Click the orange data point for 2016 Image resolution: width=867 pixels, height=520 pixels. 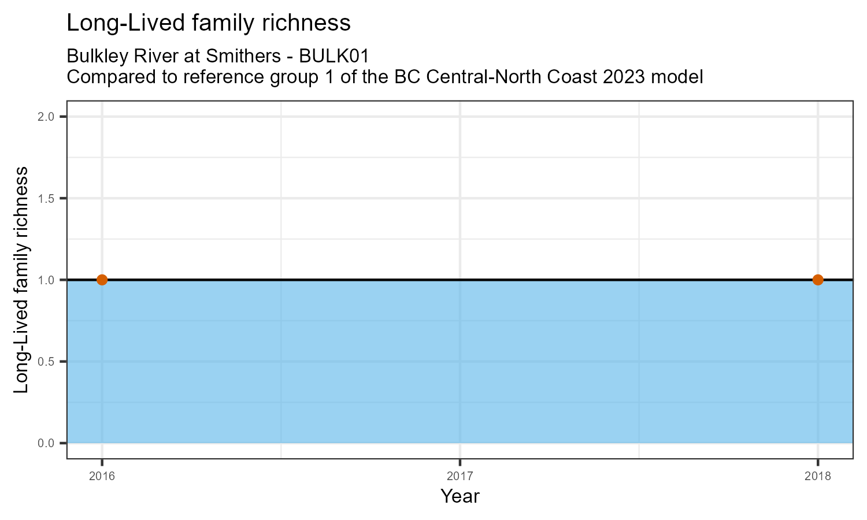[x=102, y=280]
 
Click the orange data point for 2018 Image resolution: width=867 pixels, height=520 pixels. [x=817, y=280]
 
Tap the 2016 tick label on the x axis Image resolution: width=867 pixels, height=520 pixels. [x=102, y=476]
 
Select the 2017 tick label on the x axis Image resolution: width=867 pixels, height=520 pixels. [x=460, y=476]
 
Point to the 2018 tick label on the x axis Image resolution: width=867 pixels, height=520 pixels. [x=817, y=476]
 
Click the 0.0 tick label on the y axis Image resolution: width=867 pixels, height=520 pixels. [x=46, y=443]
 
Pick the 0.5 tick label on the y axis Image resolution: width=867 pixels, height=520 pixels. [x=46, y=362]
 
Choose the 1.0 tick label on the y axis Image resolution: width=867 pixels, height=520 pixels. [x=46, y=280]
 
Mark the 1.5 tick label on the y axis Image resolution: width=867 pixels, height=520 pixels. [x=46, y=199]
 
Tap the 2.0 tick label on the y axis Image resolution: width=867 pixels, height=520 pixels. [x=46, y=117]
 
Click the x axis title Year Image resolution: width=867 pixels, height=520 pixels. [x=460, y=496]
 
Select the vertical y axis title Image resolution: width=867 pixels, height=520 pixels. [x=21, y=280]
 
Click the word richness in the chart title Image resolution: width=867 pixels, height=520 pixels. [x=307, y=23]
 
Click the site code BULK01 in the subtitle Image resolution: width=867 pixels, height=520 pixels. [x=334, y=57]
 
